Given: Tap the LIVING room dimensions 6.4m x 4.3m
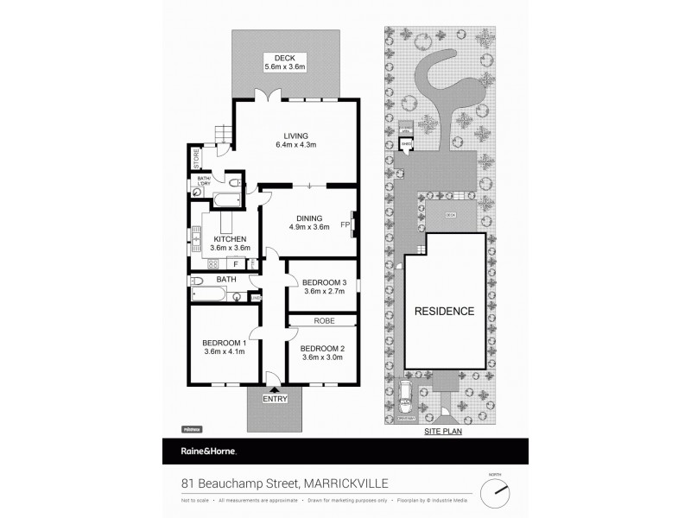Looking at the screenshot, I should click(x=296, y=144).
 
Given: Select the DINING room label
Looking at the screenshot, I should click(x=308, y=218).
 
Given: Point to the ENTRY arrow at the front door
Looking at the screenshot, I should click(x=275, y=391).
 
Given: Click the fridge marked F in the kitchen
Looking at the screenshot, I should click(x=235, y=263).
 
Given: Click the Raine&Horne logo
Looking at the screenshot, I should click(x=199, y=451).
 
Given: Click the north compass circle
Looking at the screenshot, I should click(x=495, y=493).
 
